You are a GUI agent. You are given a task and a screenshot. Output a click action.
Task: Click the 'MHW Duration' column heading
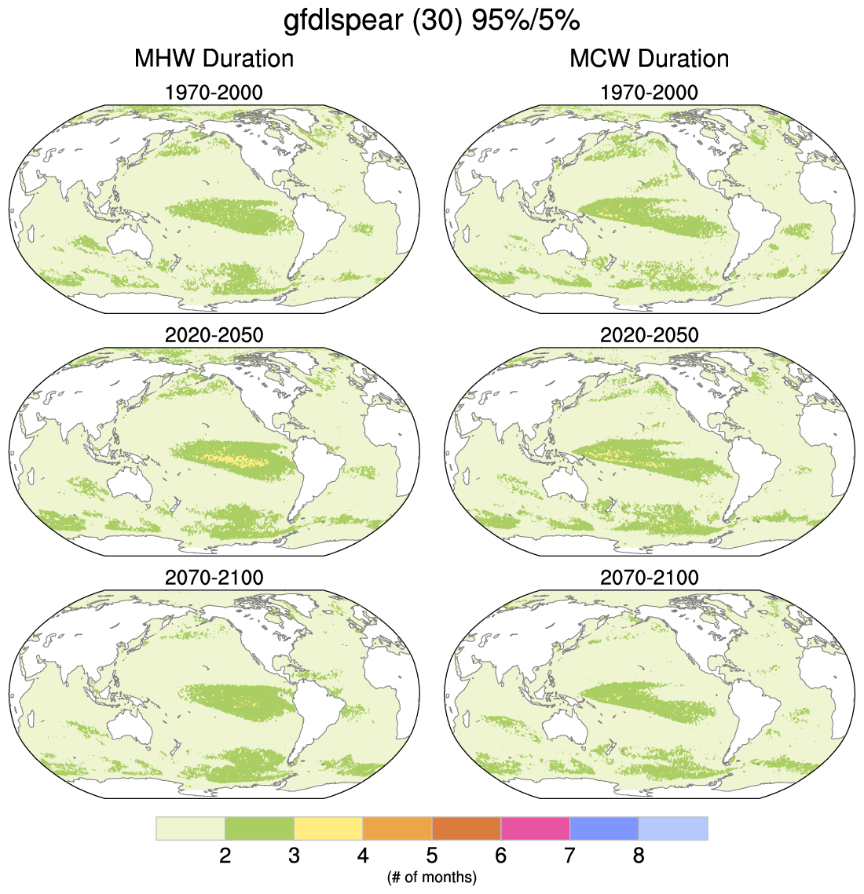[x=214, y=58]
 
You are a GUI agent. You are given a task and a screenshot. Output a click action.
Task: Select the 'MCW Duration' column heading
[x=649, y=58]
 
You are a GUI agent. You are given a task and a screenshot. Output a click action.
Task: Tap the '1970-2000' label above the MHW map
[x=214, y=93]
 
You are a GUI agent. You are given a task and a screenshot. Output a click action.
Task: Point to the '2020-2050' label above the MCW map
[x=649, y=335]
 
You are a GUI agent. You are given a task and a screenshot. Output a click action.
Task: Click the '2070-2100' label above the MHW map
[x=214, y=578]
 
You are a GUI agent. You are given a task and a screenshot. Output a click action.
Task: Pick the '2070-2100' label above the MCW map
[x=649, y=578]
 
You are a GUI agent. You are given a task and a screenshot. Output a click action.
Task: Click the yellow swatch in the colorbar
[x=328, y=828]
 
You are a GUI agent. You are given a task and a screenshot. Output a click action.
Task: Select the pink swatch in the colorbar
[x=535, y=828]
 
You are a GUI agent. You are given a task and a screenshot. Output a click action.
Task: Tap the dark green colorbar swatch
[x=259, y=828]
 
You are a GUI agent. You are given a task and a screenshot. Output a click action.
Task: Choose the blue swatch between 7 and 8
[x=604, y=828]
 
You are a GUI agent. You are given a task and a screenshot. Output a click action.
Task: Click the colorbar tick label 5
[x=431, y=855]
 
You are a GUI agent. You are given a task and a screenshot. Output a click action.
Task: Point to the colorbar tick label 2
[x=225, y=855]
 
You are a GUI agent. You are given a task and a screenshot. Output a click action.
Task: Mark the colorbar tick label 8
[x=638, y=855]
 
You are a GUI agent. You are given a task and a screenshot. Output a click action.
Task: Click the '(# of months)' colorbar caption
[x=431, y=876]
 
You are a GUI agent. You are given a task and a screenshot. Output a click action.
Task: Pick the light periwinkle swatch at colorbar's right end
[x=672, y=828]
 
